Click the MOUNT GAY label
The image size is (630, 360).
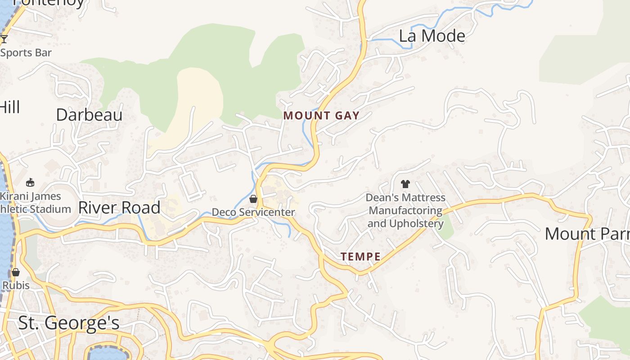tap(321, 116)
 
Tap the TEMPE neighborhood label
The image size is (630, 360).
tap(360, 257)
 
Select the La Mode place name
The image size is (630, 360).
tap(432, 36)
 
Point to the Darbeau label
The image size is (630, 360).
tap(89, 115)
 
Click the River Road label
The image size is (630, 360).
tap(119, 208)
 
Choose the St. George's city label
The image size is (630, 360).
tap(68, 323)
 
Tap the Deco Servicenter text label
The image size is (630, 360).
tap(253, 212)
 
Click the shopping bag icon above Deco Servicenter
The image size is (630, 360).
tap(253, 199)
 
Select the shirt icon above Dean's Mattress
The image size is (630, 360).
tap(405, 184)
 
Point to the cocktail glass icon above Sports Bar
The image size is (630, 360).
tap(4, 39)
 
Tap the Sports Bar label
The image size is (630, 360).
tap(26, 53)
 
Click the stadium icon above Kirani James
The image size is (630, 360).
tap(30, 182)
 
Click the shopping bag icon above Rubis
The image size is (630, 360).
tap(16, 272)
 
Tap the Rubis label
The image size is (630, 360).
tap(16, 285)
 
